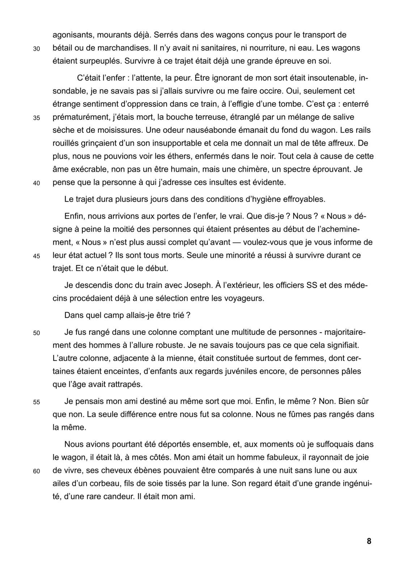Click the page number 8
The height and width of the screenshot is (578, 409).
coord(369,541)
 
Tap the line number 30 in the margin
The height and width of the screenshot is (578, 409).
coord(36,49)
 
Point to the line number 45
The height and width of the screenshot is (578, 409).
coord(36,256)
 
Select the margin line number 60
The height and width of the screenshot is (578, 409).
coord(36,471)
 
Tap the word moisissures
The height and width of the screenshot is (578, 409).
coord(115,130)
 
